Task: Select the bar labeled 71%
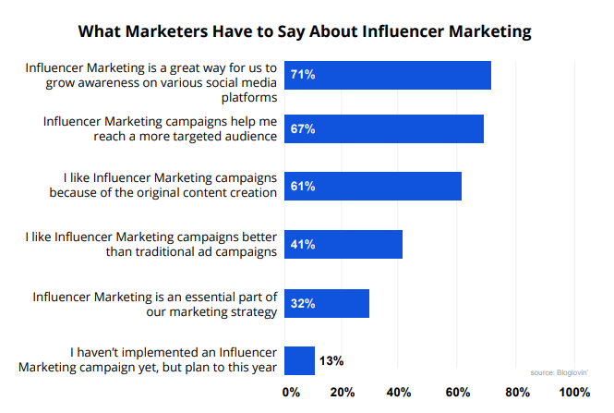[388, 75]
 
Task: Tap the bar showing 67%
[384, 129]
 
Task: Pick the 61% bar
[373, 187]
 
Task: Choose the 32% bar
[327, 303]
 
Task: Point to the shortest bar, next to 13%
[300, 359]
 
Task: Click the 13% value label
[331, 360]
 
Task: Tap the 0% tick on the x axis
[291, 393]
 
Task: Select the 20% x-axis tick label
[343, 393]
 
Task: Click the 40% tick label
[399, 393]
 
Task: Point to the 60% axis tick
[459, 393]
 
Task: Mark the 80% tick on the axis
[517, 393]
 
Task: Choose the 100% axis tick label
[574, 393]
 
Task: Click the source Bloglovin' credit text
[560, 372]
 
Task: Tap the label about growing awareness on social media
[151, 81]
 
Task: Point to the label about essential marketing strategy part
[155, 304]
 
